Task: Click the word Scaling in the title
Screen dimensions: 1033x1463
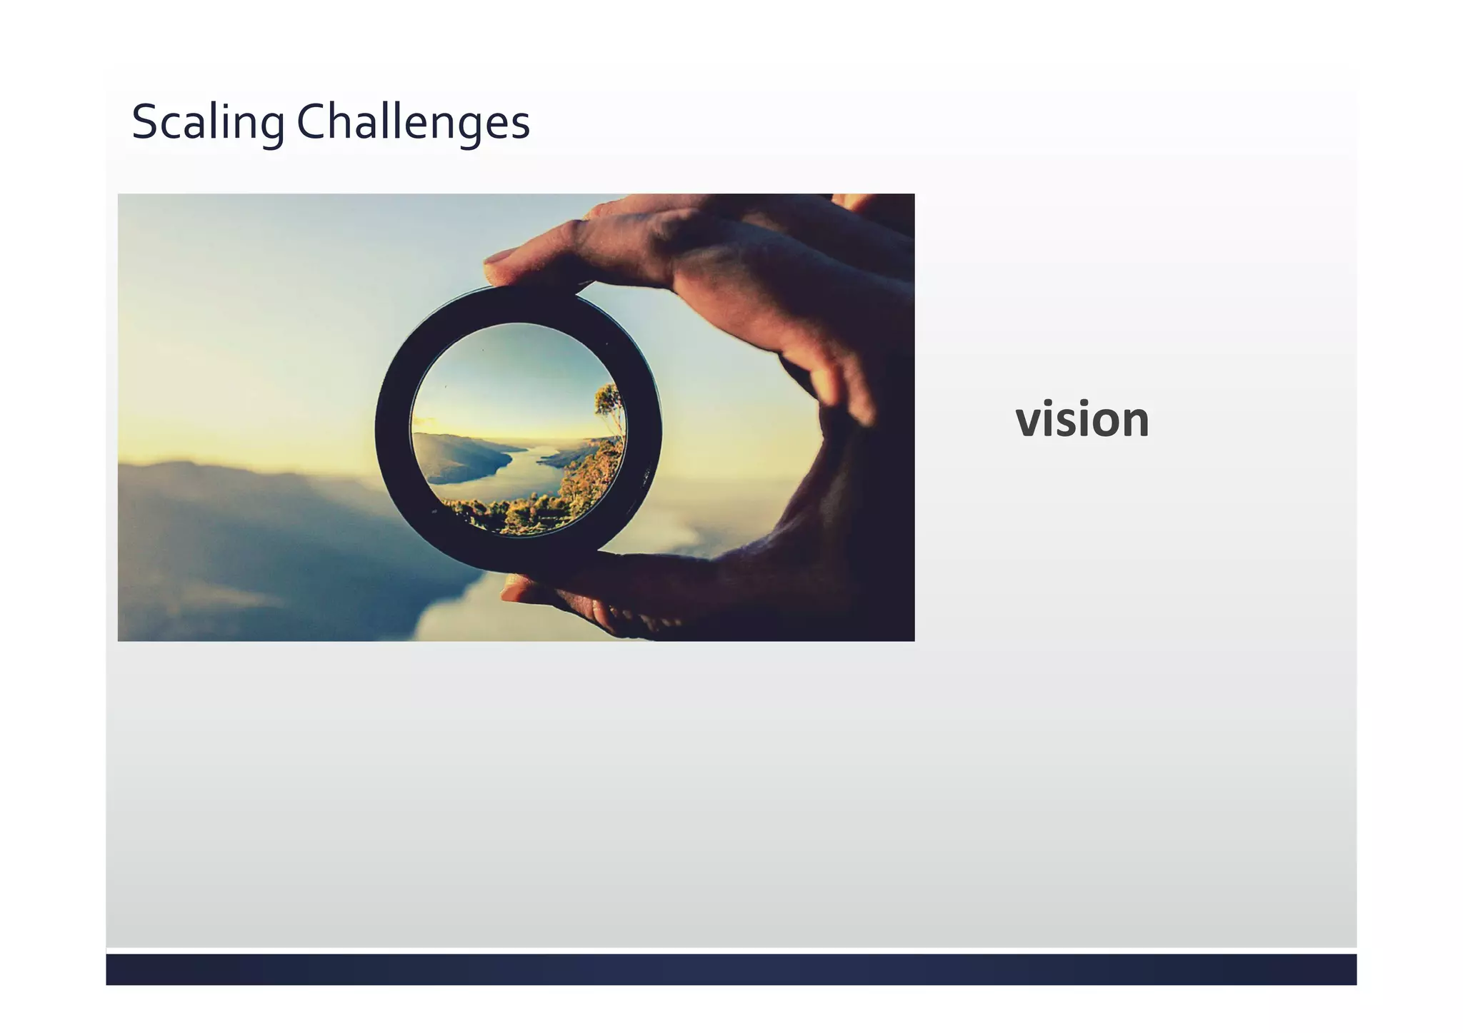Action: click(208, 122)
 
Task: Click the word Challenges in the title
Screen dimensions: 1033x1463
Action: click(413, 122)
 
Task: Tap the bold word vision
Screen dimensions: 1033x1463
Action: click(1082, 420)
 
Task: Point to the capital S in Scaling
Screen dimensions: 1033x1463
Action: click(144, 122)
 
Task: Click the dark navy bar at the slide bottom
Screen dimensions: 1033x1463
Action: click(731, 969)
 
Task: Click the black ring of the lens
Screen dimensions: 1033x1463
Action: click(392, 428)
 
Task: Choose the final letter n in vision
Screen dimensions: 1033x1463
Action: click(1135, 421)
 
